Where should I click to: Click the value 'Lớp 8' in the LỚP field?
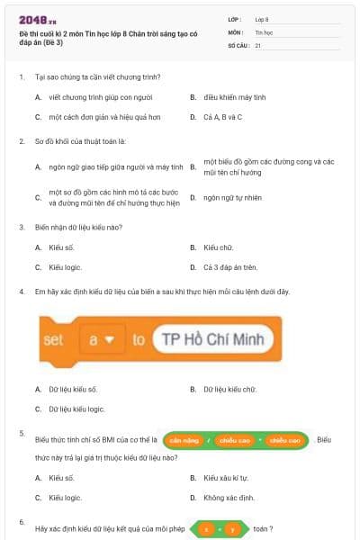click(262, 18)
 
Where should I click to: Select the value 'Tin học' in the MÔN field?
click(264, 31)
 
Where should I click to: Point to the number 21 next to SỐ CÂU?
click(258, 44)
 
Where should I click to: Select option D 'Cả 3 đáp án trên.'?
click(230, 267)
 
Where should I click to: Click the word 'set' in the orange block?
click(54, 339)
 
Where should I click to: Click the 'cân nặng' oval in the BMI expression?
click(183, 440)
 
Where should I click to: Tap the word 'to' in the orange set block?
click(139, 339)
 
